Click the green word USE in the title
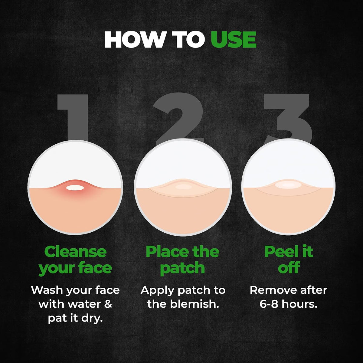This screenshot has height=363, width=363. click(x=234, y=39)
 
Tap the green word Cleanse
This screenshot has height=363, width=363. click(x=75, y=252)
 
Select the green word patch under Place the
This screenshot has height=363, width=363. click(x=182, y=268)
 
